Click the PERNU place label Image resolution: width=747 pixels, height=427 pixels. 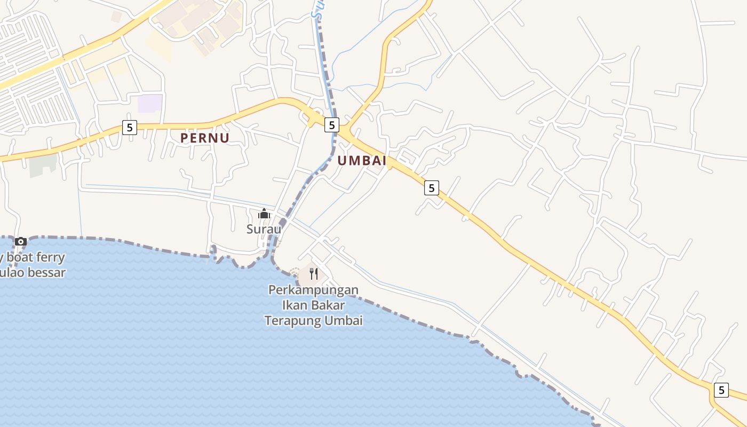pos(205,138)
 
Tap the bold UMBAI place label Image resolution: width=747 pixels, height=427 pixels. pos(362,161)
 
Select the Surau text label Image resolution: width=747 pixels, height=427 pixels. pos(264,228)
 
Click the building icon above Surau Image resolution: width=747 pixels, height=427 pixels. pos(264,214)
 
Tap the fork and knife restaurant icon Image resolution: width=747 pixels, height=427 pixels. pos(314,274)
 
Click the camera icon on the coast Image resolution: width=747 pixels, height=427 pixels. pos(21,241)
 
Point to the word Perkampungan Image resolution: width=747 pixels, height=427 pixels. pos(313,290)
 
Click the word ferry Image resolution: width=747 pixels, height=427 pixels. pos(50,257)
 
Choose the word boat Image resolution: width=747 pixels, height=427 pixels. pos(19,257)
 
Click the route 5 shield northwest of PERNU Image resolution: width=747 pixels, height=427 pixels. pos(129,128)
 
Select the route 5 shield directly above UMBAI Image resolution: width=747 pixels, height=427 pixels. pos(332,125)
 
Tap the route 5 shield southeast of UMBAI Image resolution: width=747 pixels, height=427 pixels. pos(432,188)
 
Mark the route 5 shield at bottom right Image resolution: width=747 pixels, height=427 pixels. pos(721,390)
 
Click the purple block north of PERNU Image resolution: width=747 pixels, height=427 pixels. pos(150,103)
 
